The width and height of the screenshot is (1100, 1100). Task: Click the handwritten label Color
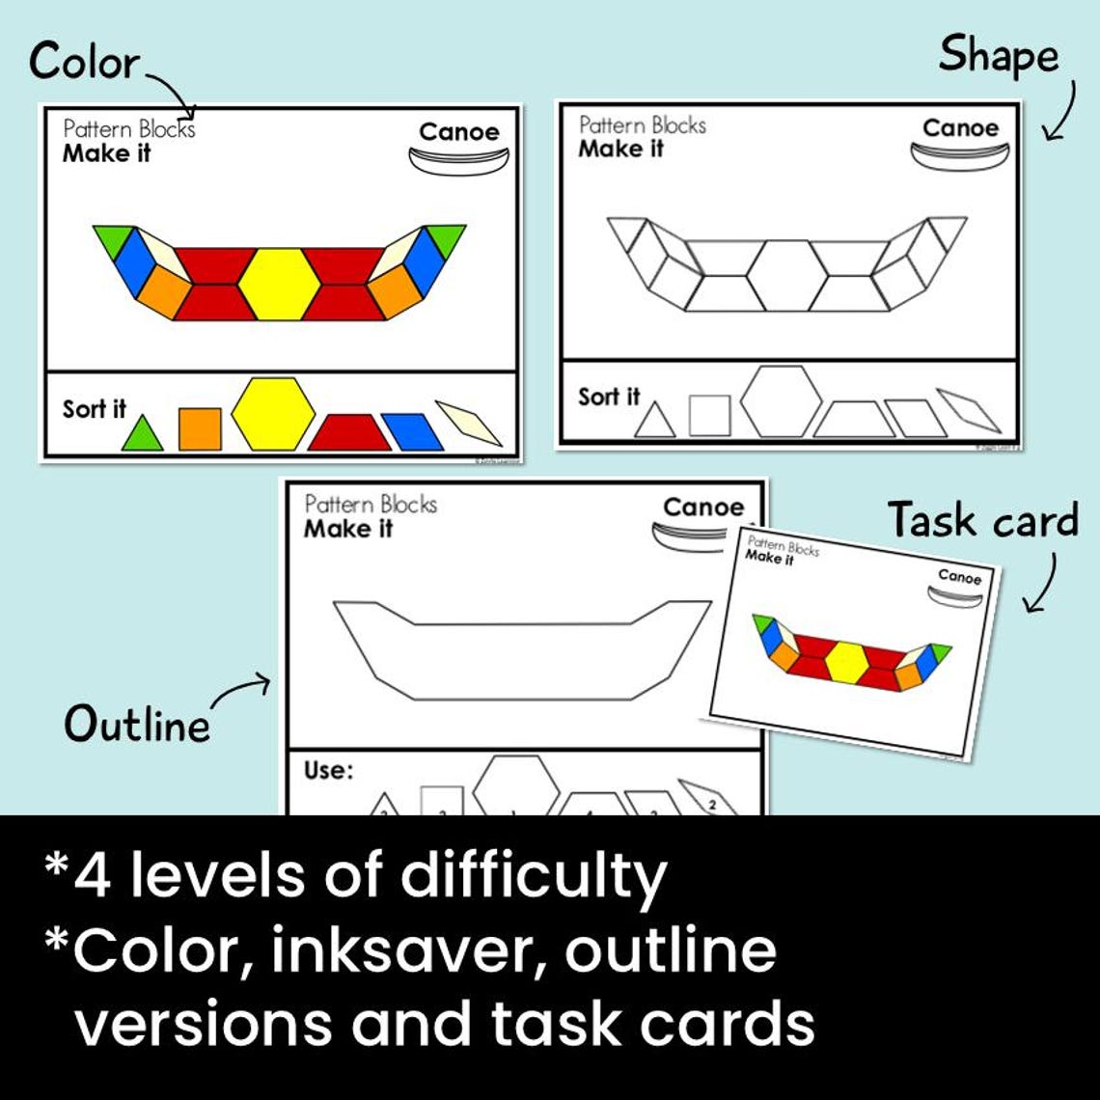tap(84, 63)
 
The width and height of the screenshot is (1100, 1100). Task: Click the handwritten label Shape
tap(998, 56)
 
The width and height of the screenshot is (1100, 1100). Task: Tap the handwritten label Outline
tap(136, 725)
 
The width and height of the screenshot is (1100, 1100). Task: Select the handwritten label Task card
tap(982, 521)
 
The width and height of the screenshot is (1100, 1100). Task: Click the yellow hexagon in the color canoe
tap(279, 284)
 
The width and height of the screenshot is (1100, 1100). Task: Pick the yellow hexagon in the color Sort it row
tap(273, 413)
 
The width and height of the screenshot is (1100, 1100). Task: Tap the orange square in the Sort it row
tap(200, 428)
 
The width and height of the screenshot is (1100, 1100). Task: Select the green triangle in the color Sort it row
tap(143, 435)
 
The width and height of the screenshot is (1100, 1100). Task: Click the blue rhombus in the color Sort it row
tap(412, 431)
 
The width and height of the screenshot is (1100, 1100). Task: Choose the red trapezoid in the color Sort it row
tap(348, 433)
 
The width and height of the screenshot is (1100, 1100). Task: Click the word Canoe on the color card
tap(459, 132)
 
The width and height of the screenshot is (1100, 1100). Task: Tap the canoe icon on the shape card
tap(959, 156)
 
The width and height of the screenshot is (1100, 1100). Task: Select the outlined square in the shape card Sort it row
tap(709, 416)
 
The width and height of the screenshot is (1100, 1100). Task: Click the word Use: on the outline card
tap(329, 770)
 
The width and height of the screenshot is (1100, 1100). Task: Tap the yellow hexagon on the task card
tap(845, 662)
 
